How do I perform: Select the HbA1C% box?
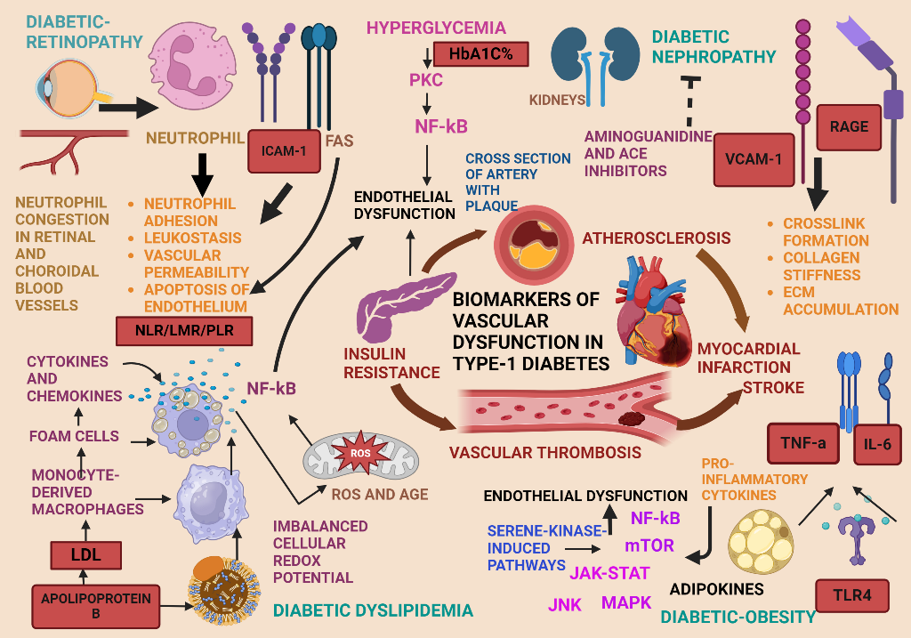pos(480,54)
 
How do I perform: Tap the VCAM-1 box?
pos(754,160)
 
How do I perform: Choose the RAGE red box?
pos(849,126)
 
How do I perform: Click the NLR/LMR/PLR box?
pos(184,331)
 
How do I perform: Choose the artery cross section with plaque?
pos(528,241)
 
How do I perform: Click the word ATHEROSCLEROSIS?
pos(657,238)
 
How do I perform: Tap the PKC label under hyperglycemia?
pos(426,82)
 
